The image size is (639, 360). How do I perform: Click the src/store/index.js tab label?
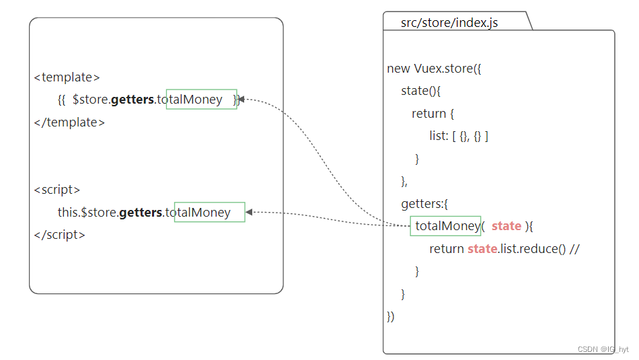click(449, 23)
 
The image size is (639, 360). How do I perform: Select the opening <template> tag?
click(67, 77)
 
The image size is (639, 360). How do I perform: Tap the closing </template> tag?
click(69, 122)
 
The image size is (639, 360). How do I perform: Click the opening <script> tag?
click(57, 190)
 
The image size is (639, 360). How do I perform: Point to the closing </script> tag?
click(59, 235)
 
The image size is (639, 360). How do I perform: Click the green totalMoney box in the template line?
click(201, 100)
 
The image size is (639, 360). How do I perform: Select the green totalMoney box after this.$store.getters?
click(209, 213)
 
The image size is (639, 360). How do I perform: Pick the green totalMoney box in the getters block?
click(445, 226)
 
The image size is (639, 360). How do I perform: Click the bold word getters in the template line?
click(133, 100)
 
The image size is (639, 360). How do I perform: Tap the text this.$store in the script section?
click(87, 213)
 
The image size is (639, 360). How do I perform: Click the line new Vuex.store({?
click(435, 69)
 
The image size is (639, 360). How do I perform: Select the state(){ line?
click(420, 91)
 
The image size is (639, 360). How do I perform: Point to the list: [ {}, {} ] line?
click(459, 136)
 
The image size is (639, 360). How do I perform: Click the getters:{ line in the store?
click(424, 204)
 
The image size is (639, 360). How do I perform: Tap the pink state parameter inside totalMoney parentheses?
click(506, 226)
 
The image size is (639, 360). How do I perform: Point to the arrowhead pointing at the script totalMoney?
click(249, 213)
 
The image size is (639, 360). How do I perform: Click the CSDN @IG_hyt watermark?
click(603, 350)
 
